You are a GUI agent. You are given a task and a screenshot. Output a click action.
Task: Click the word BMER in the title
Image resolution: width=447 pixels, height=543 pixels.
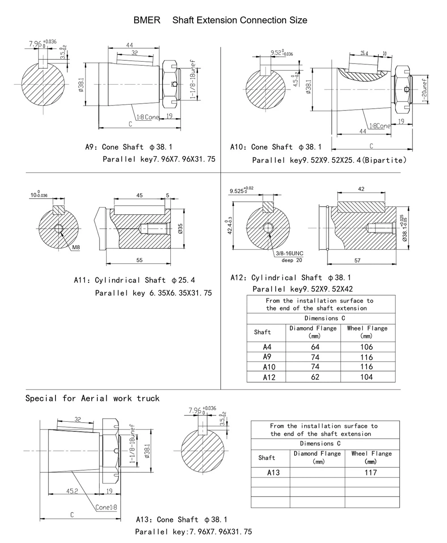(147, 20)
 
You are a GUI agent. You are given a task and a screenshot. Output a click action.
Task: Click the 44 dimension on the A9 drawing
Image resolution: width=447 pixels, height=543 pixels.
(130, 45)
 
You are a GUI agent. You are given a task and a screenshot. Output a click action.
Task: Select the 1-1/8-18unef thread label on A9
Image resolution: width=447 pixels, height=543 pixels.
(193, 79)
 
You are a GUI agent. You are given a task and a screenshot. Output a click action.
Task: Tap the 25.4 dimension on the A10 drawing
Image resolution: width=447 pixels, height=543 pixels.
(364, 53)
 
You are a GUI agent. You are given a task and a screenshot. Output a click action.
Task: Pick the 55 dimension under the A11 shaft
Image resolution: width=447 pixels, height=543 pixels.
(139, 260)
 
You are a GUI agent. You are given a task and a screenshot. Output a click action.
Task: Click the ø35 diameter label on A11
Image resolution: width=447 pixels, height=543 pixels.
(180, 229)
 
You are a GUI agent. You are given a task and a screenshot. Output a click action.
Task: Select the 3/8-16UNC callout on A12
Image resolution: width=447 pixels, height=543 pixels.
(289, 253)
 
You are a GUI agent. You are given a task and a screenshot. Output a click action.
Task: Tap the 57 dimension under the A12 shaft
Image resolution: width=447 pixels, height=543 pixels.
(357, 260)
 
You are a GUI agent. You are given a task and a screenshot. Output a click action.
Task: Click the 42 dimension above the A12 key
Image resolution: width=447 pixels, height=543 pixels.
(361, 189)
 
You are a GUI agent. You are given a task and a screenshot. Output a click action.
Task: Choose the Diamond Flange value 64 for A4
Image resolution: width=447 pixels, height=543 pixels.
(315, 347)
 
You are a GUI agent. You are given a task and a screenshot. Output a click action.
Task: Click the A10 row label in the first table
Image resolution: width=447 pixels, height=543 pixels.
(269, 367)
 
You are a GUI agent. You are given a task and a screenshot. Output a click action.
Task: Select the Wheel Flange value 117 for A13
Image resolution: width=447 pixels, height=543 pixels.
(371, 472)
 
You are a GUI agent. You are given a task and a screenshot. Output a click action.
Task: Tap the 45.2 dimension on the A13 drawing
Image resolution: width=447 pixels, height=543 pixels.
(72, 491)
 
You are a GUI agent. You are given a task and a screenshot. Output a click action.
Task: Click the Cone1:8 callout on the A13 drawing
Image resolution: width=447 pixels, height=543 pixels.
(106, 507)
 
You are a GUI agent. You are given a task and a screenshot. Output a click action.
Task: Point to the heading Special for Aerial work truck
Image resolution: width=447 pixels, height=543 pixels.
(92, 398)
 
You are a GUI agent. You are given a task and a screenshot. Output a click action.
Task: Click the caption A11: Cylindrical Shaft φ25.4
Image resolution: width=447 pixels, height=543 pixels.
(134, 280)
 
